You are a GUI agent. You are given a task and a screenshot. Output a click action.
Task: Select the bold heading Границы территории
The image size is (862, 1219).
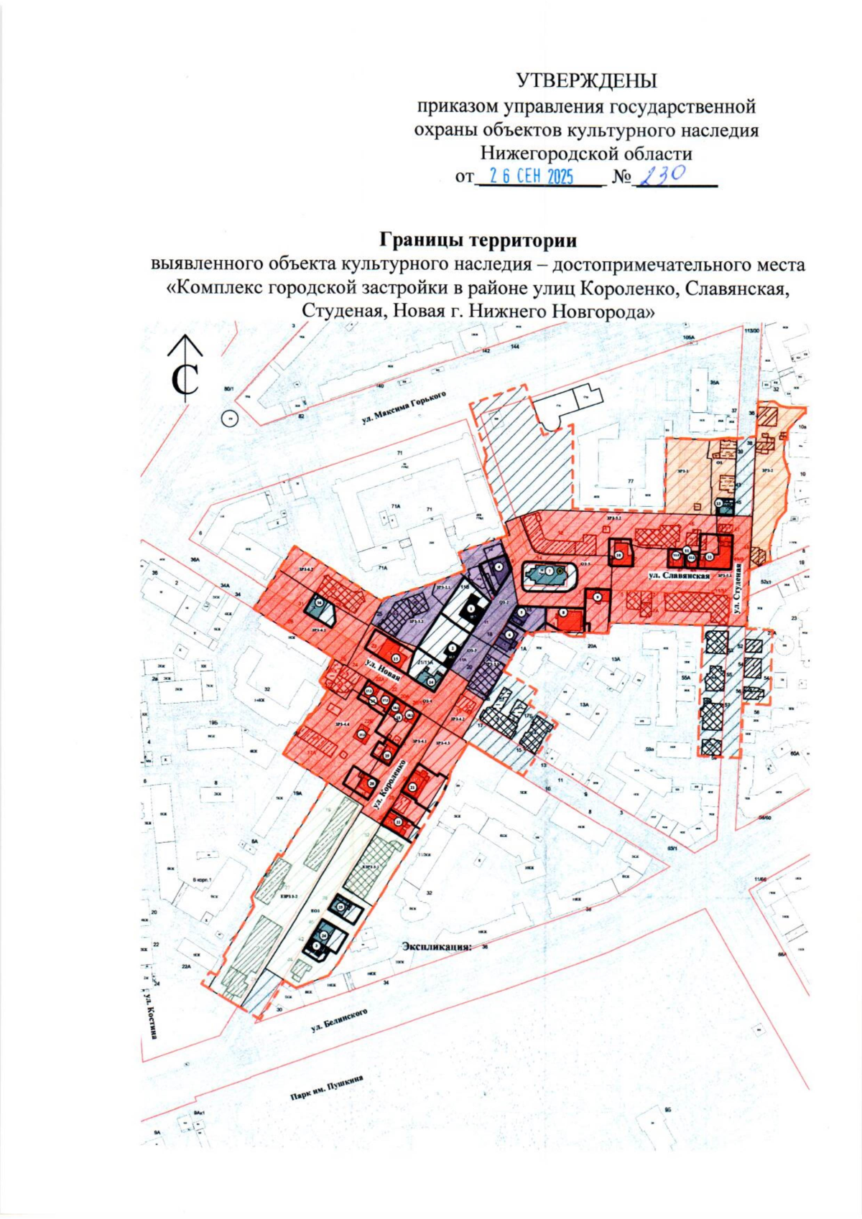coord(478,238)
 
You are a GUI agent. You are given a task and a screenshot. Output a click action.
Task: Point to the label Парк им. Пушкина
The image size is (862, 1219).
coord(323,1090)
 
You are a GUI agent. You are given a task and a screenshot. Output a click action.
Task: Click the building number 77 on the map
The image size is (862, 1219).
coord(631,481)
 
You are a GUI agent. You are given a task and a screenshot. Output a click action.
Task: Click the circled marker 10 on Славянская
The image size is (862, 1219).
coord(618,555)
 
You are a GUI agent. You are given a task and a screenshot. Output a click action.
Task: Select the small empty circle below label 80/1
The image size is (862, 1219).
coord(230,418)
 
